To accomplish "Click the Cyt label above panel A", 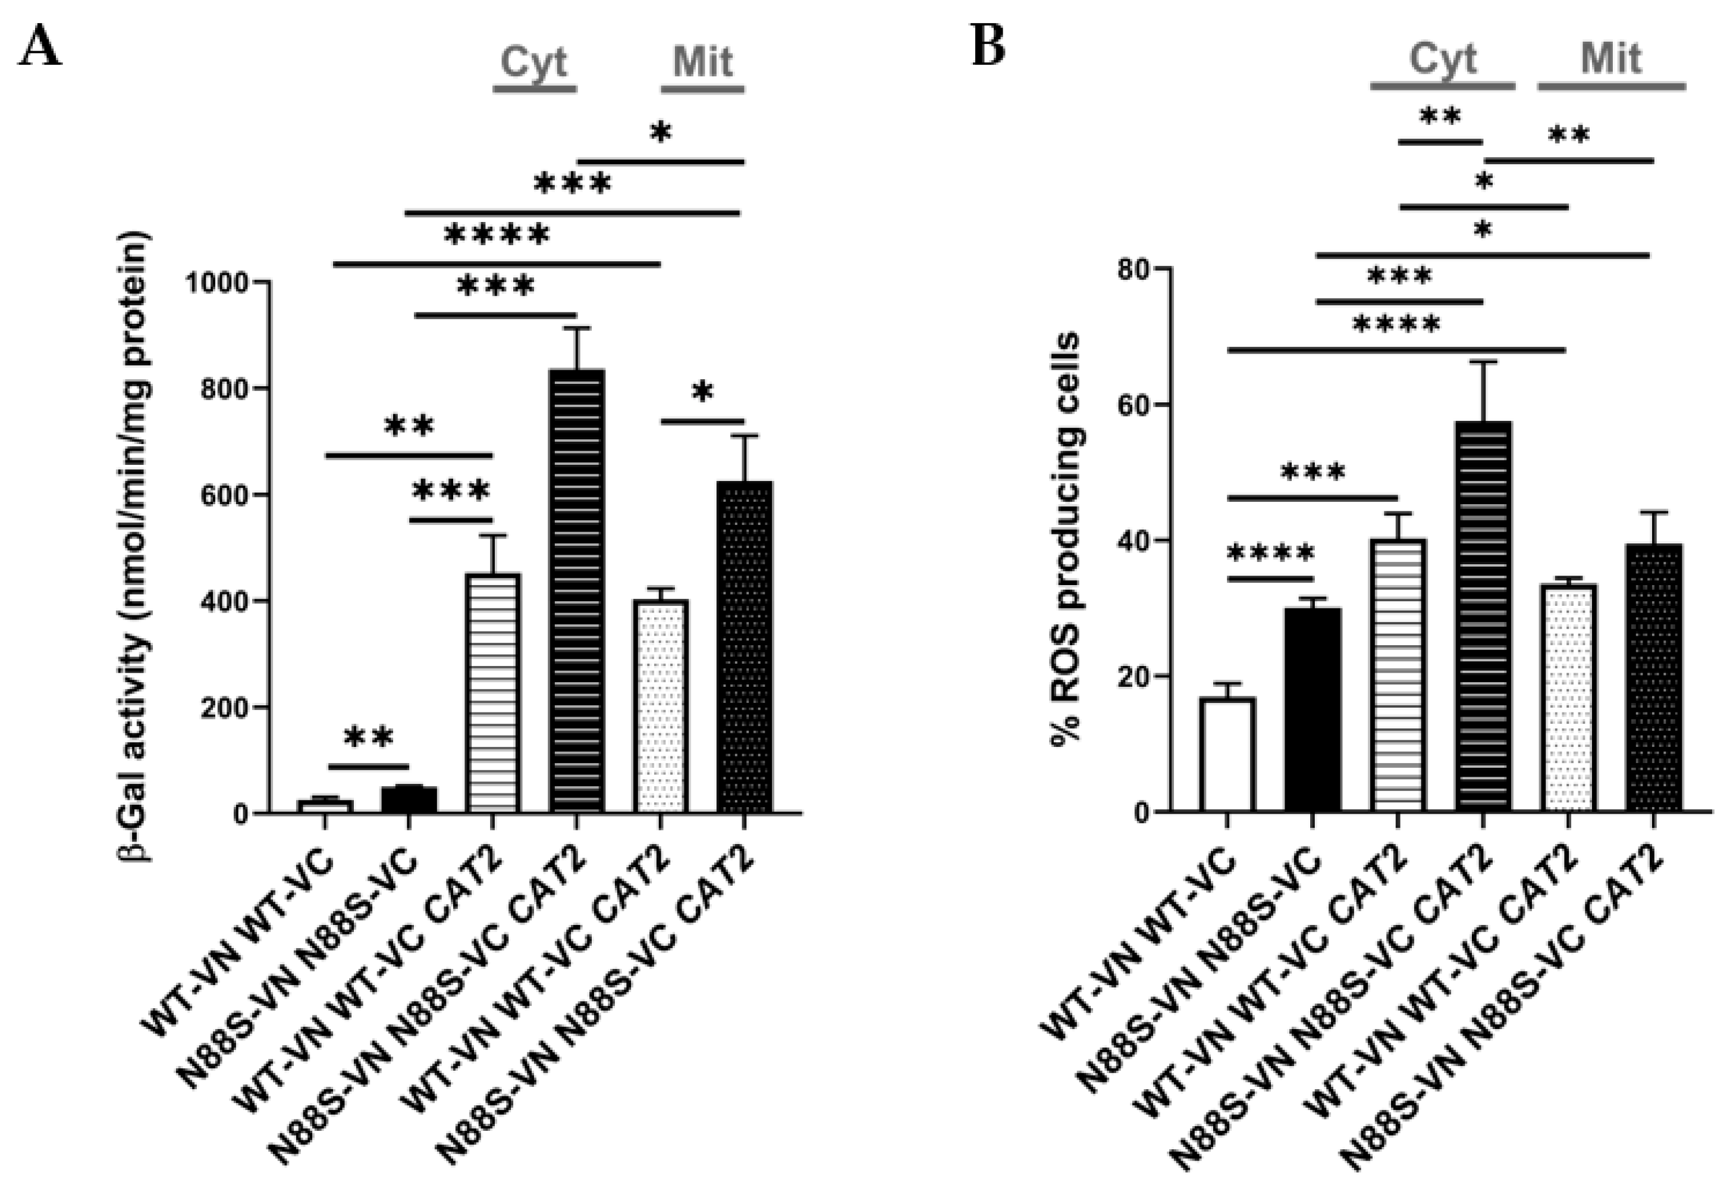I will click(x=533, y=62).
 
